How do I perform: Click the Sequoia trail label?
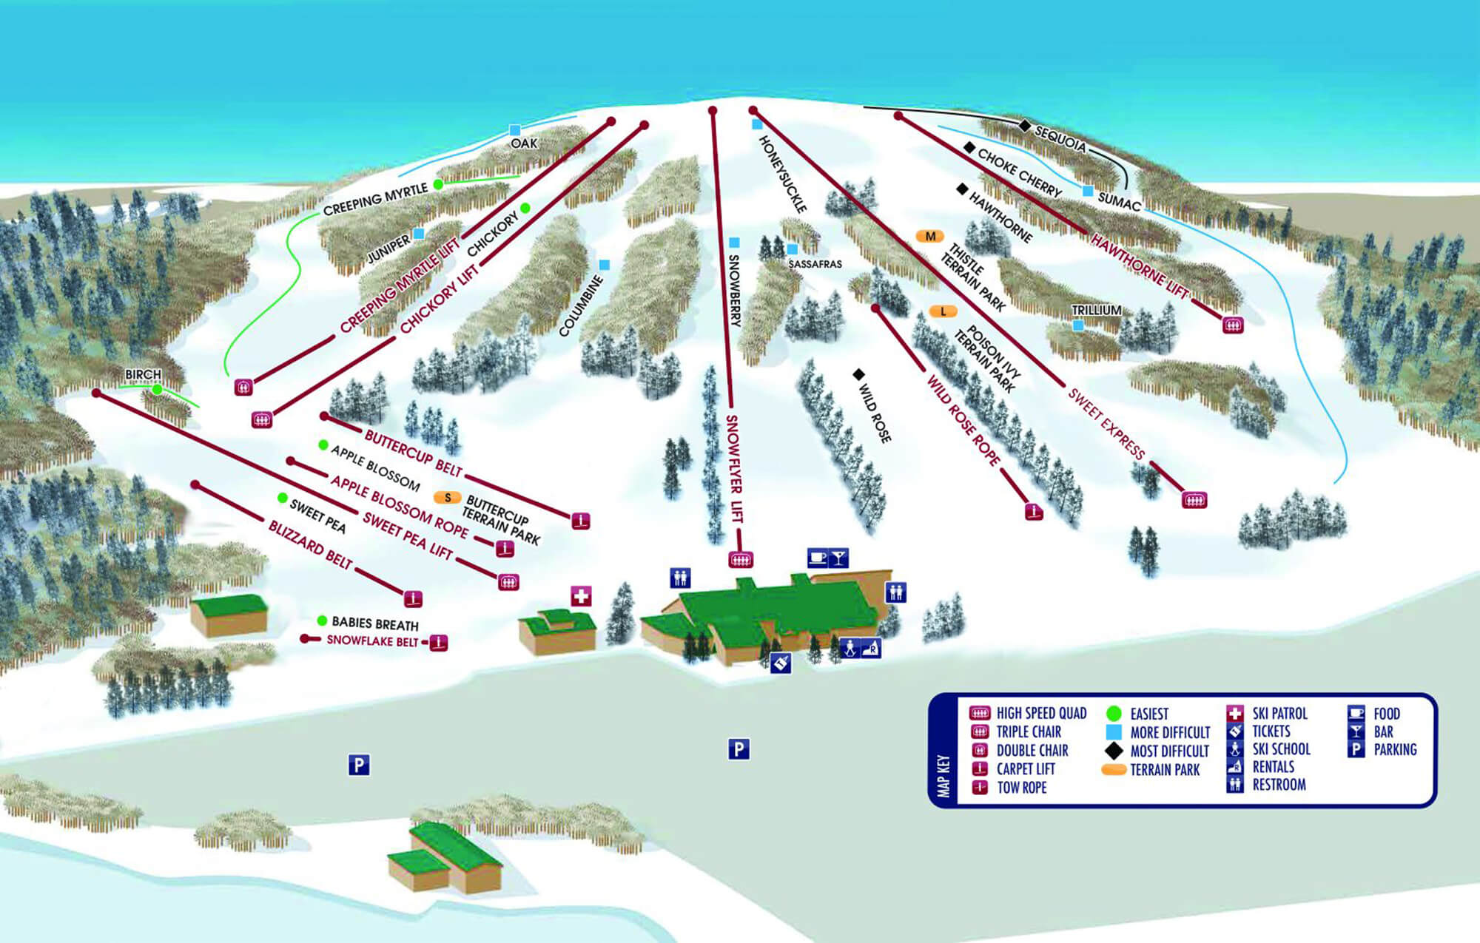[x=1060, y=138]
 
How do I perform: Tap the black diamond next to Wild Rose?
[x=858, y=374]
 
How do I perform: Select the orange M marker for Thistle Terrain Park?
[x=929, y=236]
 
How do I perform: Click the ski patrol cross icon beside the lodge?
[x=581, y=595]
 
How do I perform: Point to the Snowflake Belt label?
[x=372, y=641]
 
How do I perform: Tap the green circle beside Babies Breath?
[x=322, y=621]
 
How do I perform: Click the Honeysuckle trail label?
[x=782, y=174]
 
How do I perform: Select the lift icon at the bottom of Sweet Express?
[x=1194, y=500]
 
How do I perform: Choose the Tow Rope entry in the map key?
[x=1021, y=788]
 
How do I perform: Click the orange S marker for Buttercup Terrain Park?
[x=447, y=498]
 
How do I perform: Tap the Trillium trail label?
[x=1096, y=310]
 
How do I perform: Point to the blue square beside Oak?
[x=515, y=130]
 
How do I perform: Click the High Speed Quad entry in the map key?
[x=1040, y=713]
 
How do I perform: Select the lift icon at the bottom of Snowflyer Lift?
[x=740, y=559]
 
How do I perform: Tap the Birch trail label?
[x=143, y=374]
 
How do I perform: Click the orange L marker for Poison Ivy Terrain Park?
[x=943, y=311]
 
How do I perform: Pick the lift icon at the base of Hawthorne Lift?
[x=1233, y=325]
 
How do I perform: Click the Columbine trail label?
[x=580, y=305]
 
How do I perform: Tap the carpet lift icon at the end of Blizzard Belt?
[x=413, y=598]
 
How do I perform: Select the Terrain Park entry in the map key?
[x=1164, y=770]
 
